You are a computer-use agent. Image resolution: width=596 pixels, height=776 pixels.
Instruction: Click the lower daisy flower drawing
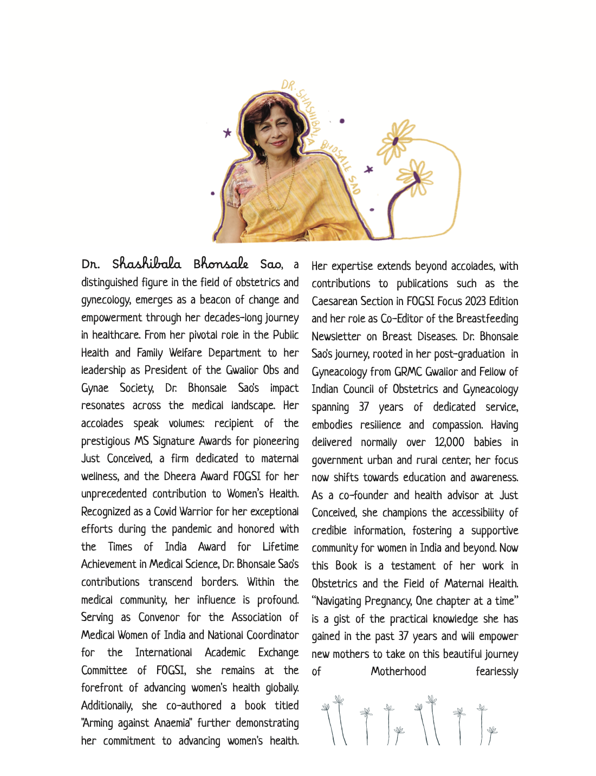[415, 176]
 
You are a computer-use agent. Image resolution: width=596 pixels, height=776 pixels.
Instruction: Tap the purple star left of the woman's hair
[228, 132]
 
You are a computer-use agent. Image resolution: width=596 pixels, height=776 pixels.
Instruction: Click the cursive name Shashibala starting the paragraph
[146, 264]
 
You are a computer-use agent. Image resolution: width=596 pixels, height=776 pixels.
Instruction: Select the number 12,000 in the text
[449, 442]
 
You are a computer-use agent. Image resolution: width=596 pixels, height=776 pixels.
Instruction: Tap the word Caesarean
[336, 301]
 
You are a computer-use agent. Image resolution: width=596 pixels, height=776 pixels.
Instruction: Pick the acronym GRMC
[408, 372]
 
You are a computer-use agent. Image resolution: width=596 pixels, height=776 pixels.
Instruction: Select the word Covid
[165, 512]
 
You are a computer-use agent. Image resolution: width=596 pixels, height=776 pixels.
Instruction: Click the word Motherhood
[398, 671]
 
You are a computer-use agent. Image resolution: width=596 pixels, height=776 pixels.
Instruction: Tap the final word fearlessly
[497, 671]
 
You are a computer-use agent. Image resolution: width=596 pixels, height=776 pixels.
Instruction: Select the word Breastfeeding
[487, 319]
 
